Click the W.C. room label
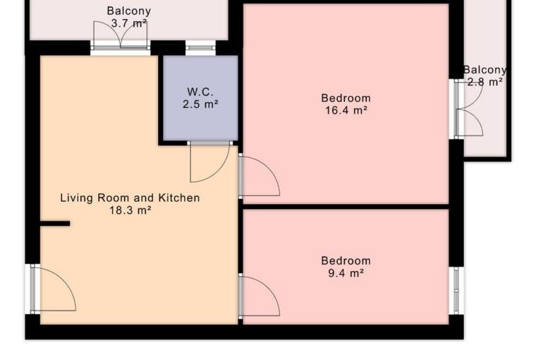pos(200,92)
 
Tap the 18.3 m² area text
pos(130,210)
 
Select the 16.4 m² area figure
pos(346,110)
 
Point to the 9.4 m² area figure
pos(346,273)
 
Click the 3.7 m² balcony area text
pos(129,23)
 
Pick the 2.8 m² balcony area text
pos(485,82)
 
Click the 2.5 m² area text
pos(200,104)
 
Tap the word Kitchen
pos(178,198)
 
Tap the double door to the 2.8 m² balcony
pos(469,109)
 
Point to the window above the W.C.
pos(201,48)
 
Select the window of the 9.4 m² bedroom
pos(456,291)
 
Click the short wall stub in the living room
pos(55,224)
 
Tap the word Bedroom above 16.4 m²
pos(346,98)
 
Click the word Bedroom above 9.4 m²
pos(346,260)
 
